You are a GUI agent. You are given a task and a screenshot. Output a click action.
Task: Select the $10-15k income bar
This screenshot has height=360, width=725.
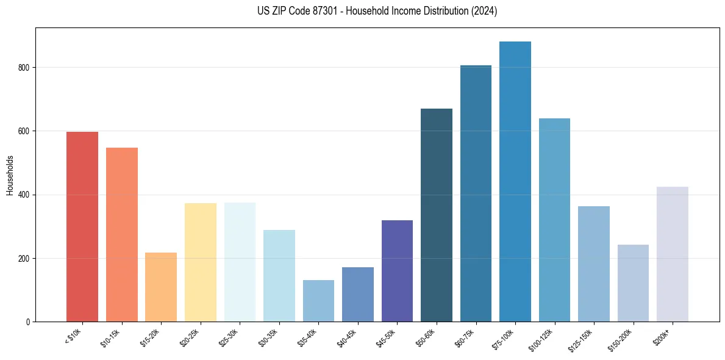tap(122, 235)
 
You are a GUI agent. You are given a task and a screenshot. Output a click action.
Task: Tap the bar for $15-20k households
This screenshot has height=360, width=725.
tap(161, 287)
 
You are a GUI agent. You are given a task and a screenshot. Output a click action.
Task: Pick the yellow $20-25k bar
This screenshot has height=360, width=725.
tap(201, 262)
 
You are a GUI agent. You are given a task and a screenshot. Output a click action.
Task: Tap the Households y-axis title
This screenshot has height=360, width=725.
tap(10, 175)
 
